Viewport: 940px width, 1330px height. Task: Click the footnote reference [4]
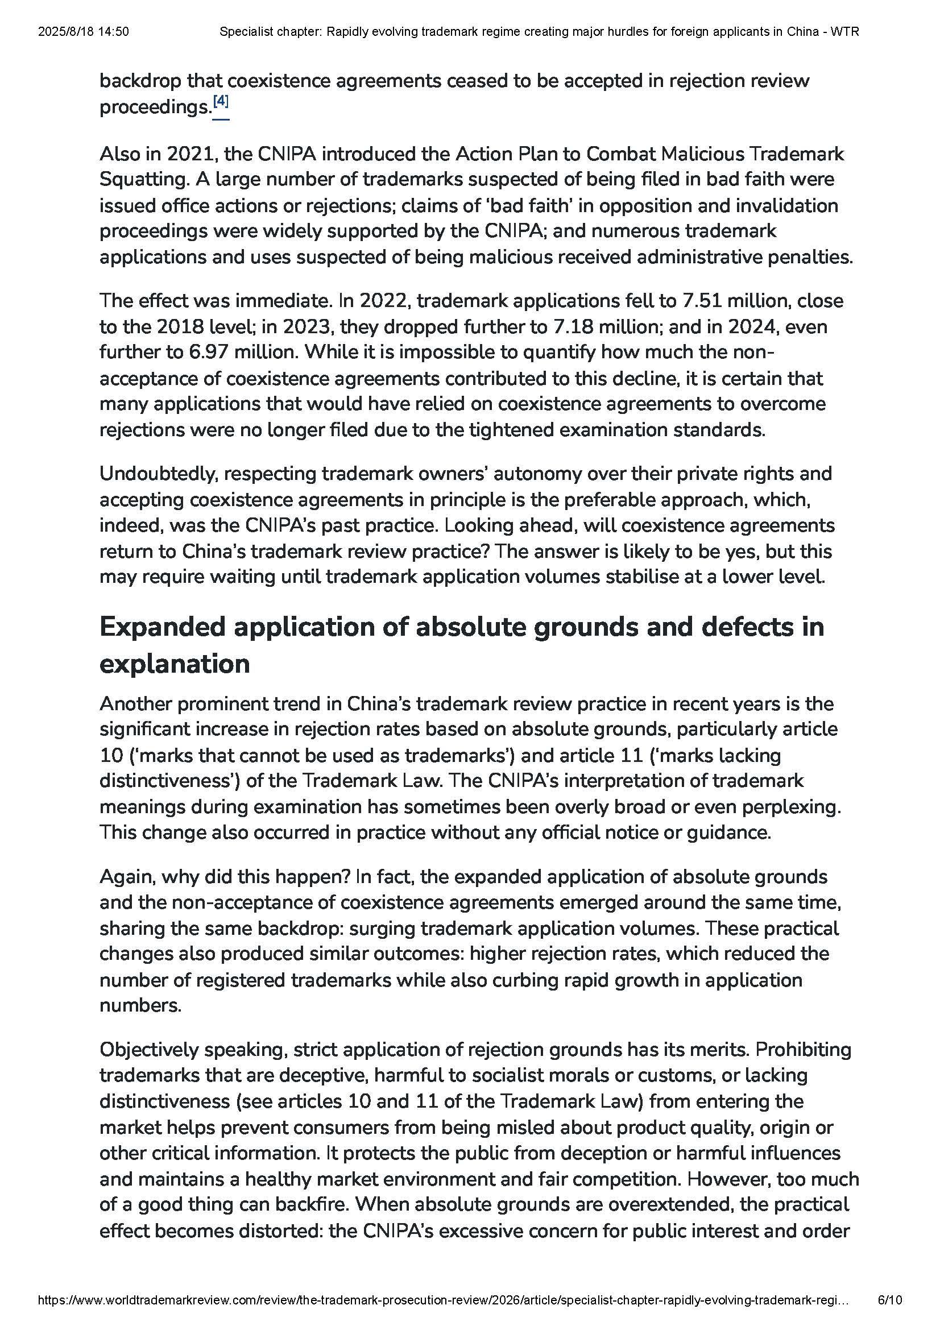coord(221,102)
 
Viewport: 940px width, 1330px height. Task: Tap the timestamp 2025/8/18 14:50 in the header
coord(84,32)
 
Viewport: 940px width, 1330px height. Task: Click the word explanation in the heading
coord(175,664)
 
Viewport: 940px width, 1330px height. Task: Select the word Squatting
coord(144,180)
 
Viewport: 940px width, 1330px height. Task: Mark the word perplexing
coord(796,807)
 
